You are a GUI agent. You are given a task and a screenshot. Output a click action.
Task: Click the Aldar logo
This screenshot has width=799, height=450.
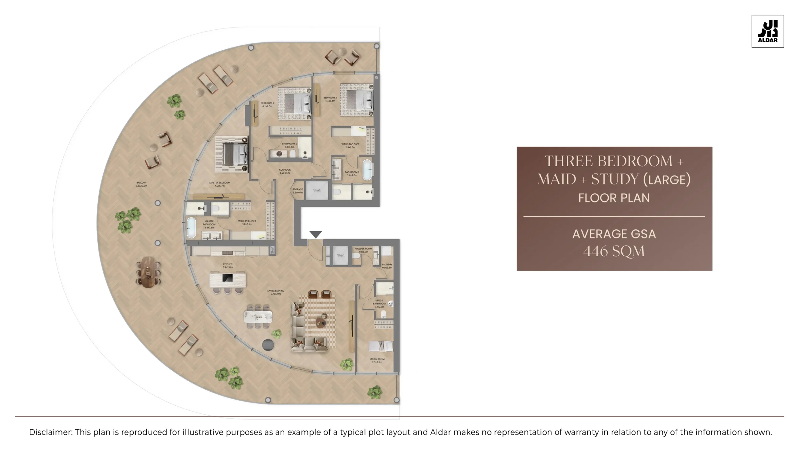click(767, 31)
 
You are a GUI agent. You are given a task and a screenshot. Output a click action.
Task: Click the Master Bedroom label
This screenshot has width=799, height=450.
click(220, 184)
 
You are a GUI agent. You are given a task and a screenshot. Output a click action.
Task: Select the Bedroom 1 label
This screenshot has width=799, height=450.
click(267, 104)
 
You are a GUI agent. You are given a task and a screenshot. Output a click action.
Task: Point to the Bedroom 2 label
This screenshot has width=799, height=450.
click(330, 99)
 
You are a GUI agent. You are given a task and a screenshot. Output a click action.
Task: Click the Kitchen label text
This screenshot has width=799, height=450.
click(228, 265)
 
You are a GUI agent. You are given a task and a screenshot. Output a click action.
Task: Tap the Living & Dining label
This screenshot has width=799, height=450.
click(276, 292)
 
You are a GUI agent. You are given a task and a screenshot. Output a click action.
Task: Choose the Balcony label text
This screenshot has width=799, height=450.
click(141, 184)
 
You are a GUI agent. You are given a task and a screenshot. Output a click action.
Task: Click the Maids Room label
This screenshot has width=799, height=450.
click(377, 360)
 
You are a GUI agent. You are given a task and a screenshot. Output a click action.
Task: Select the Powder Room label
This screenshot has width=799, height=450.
click(363, 250)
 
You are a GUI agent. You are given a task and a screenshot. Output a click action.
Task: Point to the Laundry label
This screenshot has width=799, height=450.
click(387, 266)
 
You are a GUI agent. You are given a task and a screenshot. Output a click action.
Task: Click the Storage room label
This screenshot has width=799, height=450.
click(297, 191)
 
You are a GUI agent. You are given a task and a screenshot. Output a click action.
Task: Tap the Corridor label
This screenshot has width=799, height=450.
click(285, 171)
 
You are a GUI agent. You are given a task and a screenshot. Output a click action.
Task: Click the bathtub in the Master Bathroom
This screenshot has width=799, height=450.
click(191, 227)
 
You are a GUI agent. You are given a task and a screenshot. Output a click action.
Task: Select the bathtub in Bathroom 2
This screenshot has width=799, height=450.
click(367, 170)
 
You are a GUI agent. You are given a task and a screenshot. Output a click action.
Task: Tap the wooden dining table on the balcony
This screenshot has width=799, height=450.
click(148, 272)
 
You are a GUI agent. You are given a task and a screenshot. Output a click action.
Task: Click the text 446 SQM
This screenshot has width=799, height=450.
click(614, 251)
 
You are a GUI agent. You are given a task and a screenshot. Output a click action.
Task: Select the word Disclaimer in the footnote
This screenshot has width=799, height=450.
click(51, 432)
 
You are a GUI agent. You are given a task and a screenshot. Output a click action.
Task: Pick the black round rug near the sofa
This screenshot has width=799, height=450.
click(268, 345)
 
